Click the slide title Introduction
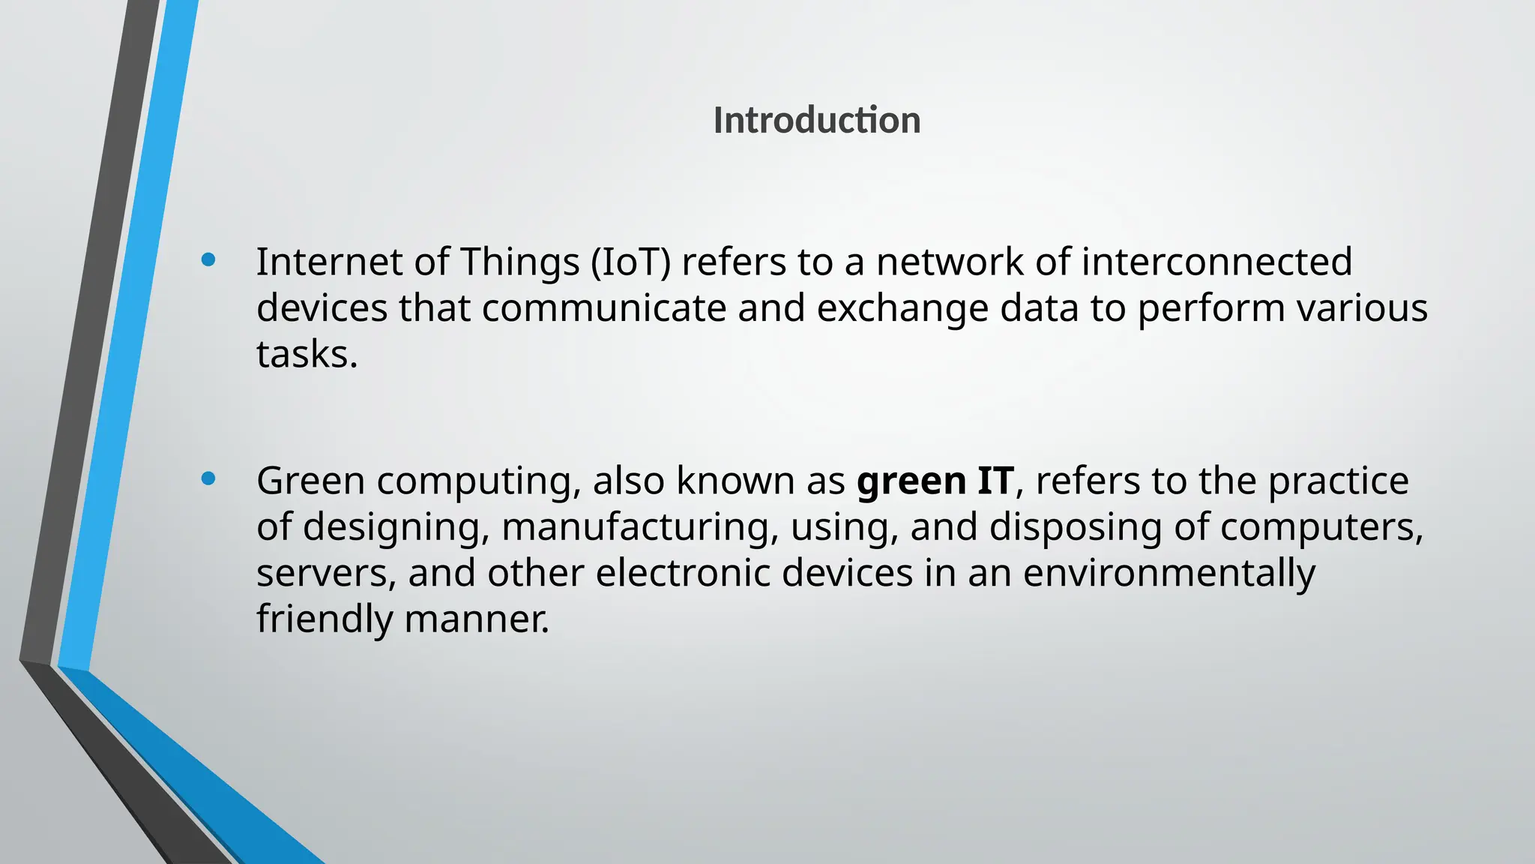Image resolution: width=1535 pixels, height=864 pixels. coord(816,120)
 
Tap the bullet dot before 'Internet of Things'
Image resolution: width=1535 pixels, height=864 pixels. coord(208,260)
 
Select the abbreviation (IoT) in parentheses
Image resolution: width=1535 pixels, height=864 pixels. coord(630,262)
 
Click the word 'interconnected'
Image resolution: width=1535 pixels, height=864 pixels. coord(1216,262)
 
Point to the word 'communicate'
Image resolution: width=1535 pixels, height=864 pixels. coord(604,308)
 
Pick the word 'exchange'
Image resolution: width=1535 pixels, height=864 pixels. coord(902,308)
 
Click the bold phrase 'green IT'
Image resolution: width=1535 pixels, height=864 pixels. coord(935,481)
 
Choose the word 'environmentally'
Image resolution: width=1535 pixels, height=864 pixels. coord(1168,574)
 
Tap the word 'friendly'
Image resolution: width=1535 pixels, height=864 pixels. coord(324,619)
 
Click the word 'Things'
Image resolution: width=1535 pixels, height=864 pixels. coord(519,262)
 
